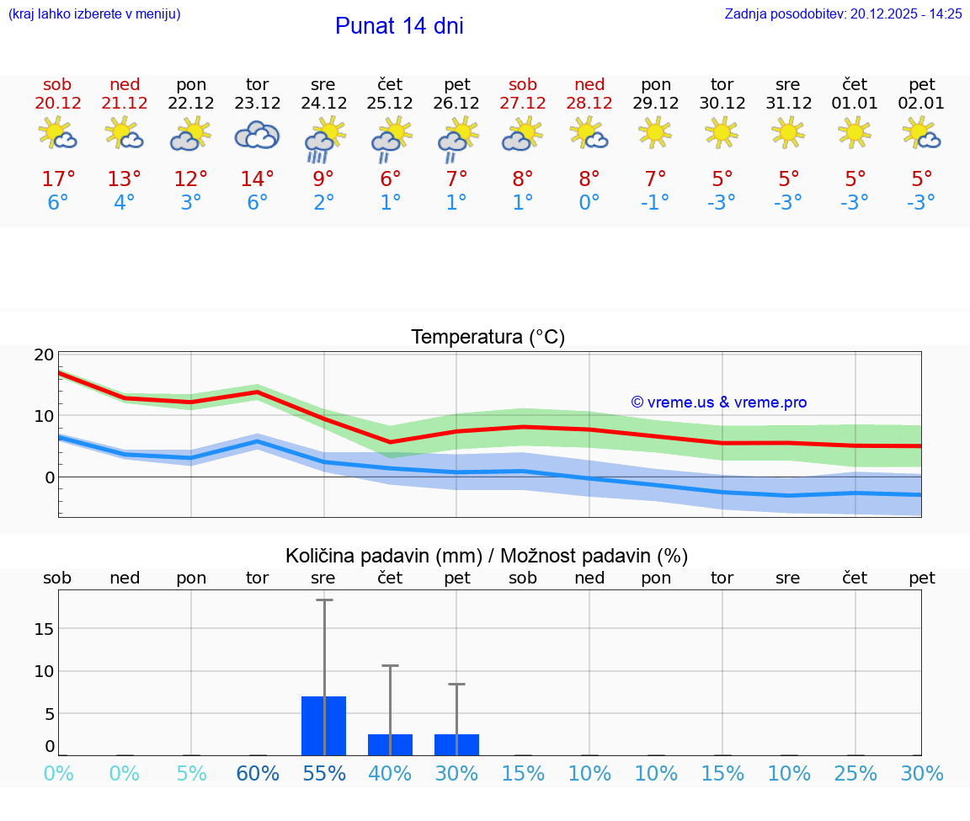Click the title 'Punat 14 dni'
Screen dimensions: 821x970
pos(399,26)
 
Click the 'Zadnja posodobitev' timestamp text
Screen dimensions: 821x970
pos(843,13)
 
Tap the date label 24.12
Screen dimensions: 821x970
pos(323,103)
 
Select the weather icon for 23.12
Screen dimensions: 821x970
pos(257,135)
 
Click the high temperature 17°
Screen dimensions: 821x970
pos(58,179)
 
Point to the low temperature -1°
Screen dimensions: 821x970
pos(655,202)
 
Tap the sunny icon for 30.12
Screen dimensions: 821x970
pos(722,132)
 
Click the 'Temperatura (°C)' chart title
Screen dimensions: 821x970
pos(488,338)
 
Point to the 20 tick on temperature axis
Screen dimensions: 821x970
pos(45,355)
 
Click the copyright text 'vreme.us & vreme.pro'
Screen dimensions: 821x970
pos(719,403)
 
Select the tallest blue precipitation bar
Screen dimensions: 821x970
pos(323,725)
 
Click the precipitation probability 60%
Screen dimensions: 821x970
pos(257,773)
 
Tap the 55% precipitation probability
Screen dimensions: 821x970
pos(323,773)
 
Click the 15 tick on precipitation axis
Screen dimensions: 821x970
pos(45,628)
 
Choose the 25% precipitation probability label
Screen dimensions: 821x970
pos(855,773)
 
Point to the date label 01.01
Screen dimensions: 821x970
pos(855,103)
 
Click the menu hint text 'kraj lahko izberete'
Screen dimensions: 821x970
pos(94,13)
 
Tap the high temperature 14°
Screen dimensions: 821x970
pos(257,179)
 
